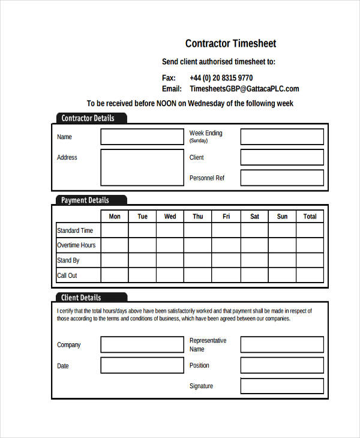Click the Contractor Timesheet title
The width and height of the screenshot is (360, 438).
[x=230, y=44]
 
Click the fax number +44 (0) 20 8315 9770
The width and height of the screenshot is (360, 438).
[x=221, y=78]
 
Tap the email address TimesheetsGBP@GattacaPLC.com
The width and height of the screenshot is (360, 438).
[x=244, y=89]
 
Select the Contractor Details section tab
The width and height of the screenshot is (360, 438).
[x=89, y=118]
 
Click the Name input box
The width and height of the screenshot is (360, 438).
[x=142, y=137]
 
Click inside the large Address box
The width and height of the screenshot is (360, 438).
[x=142, y=167]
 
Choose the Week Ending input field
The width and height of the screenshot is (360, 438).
[x=282, y=137]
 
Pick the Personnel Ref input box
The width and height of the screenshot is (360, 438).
[x=282, y=178]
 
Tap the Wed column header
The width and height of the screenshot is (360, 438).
[x=170, y=217]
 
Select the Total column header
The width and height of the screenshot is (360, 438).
[x=310, y=217]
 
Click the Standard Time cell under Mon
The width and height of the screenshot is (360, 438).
[x=114, y=230]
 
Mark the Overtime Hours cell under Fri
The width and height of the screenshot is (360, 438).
[x=226, y=245]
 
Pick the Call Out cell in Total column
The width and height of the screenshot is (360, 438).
[x=310, y=275]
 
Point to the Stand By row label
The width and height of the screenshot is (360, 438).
[x=68, y=260]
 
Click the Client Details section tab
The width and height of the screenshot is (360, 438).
[x=82, y=298]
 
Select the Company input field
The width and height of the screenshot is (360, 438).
[x=142, y=344]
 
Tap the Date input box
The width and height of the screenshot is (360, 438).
[x=142, y=365]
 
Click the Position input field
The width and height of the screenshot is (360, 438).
[x=282, y=365]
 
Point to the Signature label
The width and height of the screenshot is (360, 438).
[x=201, y=386]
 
